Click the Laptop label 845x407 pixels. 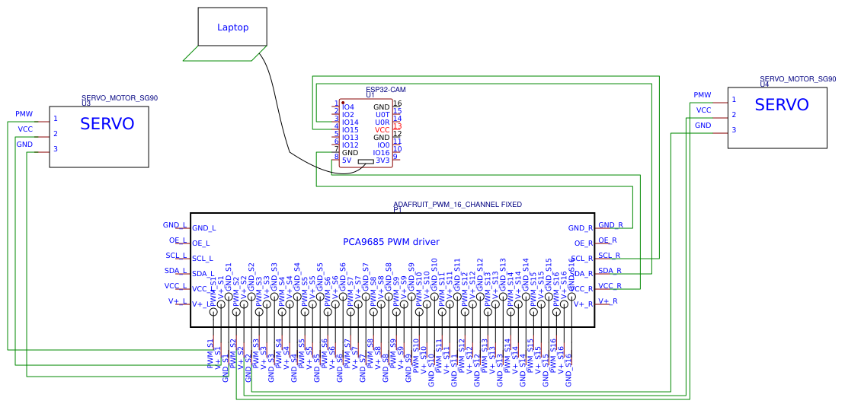pyautogui.click(x=232, y=27)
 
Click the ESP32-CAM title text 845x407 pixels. pyautogui.click(x=386, y=90)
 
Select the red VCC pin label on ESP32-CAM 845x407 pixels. pyautogui.click(x=382, y=130)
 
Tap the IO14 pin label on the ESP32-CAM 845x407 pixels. pyautogui.click(x=350, y=122)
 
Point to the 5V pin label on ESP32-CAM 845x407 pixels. pyautogui.click(x=347, y=161)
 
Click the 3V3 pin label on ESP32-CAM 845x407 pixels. pyautogui.click(x=382, y=161)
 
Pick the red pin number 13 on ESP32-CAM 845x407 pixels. pyautogui.click(x=397, y=126)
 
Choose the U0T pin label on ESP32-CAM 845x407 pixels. pyautogui.click(x=382, y=115)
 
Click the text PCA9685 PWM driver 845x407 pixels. pyautogui.click(x=391, y=242)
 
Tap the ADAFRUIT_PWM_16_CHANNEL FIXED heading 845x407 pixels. pyautogui.click(x=457, y=205)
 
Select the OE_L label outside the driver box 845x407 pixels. pyautogui.click(x=178, y=240)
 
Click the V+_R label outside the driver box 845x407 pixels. pyautogui.click(x=607, y=301)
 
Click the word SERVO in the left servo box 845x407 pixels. pyautogui.click(x=107, y=124)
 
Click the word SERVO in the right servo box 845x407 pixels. pyautogui.click(x=781, y=106)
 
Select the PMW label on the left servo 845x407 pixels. pyautogui.click(x=24, y=114)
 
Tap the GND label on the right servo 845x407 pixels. pyautogui.click(x=703, y=126)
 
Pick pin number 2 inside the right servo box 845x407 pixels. pyautogui.click(x=734, y=115)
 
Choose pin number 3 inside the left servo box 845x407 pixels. pyautogui.click(x=56, y=149)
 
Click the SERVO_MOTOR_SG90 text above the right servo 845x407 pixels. pyautogui.click(x=797, y=78)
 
